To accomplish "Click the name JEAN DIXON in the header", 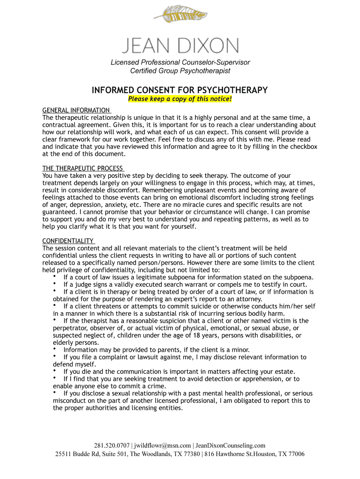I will coord(180,46).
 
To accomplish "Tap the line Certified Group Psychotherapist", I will coord(180,71).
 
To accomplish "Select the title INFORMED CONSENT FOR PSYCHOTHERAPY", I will coord(180,90).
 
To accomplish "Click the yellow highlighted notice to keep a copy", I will coord(180,99).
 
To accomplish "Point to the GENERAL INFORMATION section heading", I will coord(76,110).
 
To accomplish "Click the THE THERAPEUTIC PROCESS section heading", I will coord(83,168).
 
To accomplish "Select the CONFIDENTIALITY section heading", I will coord(68,241).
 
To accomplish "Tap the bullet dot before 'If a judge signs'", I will coord(55,284).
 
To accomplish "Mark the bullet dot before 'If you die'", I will coord(55,371).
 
